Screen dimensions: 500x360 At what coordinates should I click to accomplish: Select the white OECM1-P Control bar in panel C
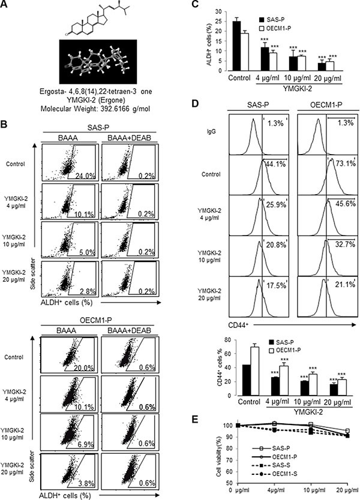click(229, 52)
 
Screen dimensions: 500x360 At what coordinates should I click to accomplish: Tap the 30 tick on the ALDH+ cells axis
click(208, 11)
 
